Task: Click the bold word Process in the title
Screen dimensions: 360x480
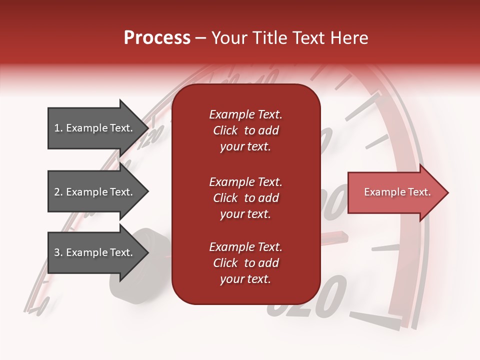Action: click(157, 38)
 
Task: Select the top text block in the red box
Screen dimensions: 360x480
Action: click(245, 130)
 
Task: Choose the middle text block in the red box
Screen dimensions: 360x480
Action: click(245, 198)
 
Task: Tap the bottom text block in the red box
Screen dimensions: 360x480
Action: click(245, 263)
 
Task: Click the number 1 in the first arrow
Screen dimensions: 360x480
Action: click(57, 128)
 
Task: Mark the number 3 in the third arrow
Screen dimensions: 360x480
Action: click(57, 252)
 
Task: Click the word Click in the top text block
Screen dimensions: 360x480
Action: click(225, 130)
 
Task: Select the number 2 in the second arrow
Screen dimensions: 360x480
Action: click(57, 192)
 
